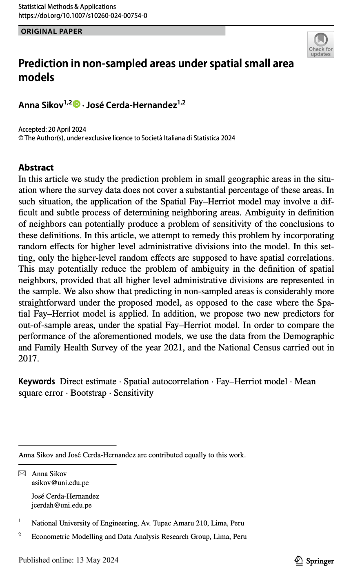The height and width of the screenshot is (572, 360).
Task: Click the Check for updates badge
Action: tap(321, 44)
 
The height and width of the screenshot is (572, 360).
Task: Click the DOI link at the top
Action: tap(83, 16)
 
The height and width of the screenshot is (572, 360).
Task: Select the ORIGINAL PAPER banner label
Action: tap(51, 31)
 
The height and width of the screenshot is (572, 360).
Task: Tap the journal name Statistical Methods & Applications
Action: tap(67, 7)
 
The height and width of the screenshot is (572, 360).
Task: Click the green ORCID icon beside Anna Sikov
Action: tap(77, 104)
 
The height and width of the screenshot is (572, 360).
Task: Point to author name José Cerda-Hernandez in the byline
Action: tap(133, 105)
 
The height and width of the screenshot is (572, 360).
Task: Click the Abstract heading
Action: tap(36, 167)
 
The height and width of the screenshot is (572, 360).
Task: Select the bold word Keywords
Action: tap(36, 381)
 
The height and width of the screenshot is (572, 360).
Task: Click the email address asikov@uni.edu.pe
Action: tap(60, 483)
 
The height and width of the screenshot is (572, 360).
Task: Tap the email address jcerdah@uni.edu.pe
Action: tap(61, 505)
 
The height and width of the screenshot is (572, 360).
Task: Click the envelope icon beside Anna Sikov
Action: tap(22, 474)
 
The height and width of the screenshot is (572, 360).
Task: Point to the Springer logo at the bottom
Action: tap(314, 561)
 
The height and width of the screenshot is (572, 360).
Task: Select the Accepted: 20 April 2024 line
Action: tap(52, 129)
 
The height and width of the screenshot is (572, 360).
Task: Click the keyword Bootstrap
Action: tap(88, 393)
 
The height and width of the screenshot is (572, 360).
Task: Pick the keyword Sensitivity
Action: tap(133, 393)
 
